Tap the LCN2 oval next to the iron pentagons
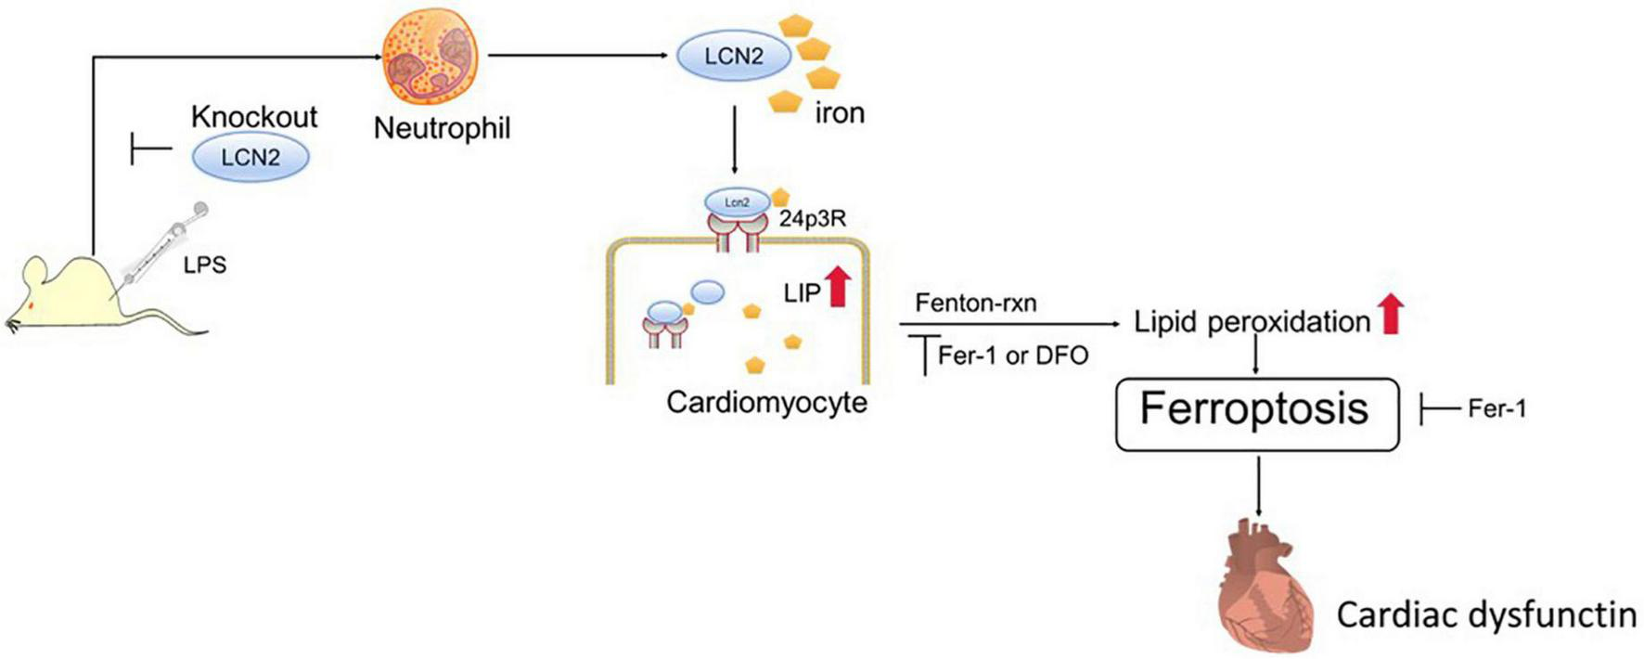[733, 56]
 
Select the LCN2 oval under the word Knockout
[250, 158]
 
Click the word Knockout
[254, 117]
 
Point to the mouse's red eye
[32, 304]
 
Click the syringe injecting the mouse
[162, 246]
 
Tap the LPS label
[204, 265]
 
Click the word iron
[839, 113]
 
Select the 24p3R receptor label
[812, 220]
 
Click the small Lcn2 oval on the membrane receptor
[737, 201]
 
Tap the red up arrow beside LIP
[838, 286]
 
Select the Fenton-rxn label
[975, 303]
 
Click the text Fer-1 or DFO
[1012, 355]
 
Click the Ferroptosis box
[1256, 413]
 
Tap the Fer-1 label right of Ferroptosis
[1496, 408]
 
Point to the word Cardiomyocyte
[766, 402]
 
